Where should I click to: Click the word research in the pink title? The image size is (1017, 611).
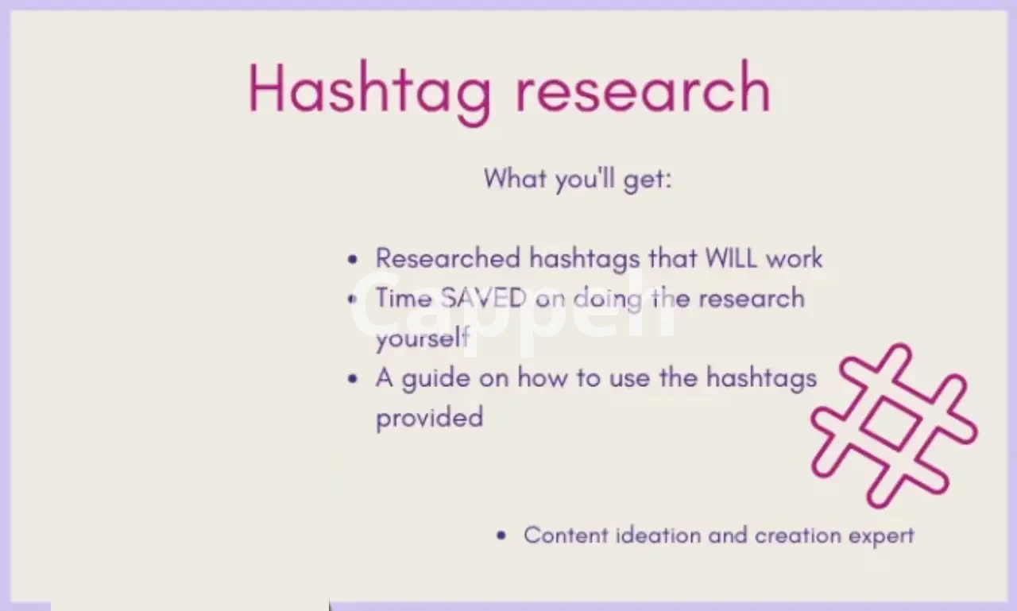pos(644,87)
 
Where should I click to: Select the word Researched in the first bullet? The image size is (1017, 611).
pos(447,258)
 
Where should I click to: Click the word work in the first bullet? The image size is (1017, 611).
pos(795,258)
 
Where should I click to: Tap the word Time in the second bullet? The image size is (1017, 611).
pos(404,298)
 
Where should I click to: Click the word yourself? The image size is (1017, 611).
pos(423,338)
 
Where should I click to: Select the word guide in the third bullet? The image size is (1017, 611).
pos(436,378)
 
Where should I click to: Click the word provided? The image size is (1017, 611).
pos(430,418)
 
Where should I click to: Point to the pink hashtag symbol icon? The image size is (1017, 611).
pos(894,426)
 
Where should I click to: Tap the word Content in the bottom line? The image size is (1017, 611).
pos(566,536)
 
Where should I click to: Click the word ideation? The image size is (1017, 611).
pos(659,536)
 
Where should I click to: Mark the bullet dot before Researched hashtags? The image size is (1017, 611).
pos(352,260)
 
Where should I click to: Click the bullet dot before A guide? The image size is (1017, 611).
pos(352,379)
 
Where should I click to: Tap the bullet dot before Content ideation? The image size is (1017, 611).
pos(501,536)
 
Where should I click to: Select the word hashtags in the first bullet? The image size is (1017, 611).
pos(585,259)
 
